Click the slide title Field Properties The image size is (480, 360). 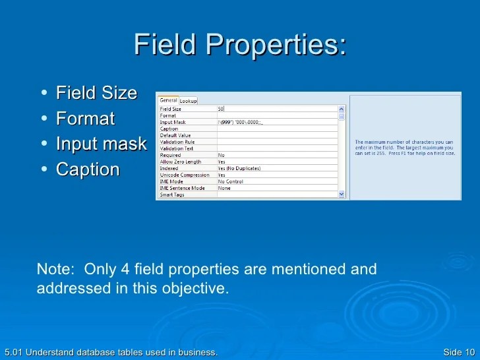tap(240, 45)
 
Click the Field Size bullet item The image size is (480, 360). tap(96, 93)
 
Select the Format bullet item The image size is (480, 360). tap(85, 119)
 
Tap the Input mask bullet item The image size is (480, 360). tap(101, 144)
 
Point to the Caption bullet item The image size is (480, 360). tap(88, 169)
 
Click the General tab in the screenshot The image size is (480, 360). tap(168, 100)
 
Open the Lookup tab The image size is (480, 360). tap(189, 101)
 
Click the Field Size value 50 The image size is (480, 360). tap(222, 109)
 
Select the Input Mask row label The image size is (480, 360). tap(172, 122)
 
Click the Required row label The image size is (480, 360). tap(169, 155)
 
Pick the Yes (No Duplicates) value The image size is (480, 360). tap(239, 168)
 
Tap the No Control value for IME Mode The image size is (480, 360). tap(230, 181)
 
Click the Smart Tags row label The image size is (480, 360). tap(171, 195)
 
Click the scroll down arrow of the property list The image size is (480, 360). tap(342, 195)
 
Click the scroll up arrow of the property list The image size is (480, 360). tap(342, 109)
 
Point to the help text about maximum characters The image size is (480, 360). tap(405, 148)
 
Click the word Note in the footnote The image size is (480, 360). tap(51, 269)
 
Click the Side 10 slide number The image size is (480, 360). tap(459, 353)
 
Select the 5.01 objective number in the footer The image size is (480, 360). tap(11, 353)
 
